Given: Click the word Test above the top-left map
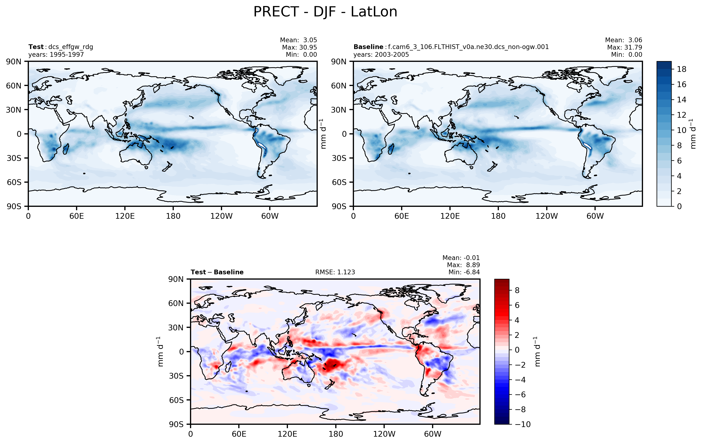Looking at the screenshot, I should (36, 47).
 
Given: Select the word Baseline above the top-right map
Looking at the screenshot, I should (368, 47).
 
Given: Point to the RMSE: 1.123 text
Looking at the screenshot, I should (335, 272).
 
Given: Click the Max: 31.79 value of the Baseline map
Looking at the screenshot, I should (625, 47).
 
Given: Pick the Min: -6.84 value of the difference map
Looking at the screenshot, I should (464, 272).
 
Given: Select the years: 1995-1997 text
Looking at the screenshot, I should (56, 54).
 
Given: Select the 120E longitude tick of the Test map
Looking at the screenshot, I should (125, 216).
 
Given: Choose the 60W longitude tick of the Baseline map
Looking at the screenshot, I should (595, 216).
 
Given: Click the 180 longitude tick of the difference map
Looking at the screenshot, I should (335, 434).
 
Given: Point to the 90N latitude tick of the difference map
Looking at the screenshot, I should (176, 279).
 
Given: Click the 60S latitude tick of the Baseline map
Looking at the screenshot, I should (339, 182).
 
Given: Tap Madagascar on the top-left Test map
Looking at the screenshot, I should (66, 149).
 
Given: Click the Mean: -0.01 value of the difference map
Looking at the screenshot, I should (461, 258).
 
